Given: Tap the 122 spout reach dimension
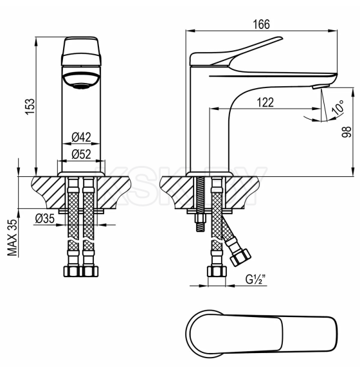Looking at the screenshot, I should pos(264,102).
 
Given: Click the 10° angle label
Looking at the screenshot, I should pos(337,106).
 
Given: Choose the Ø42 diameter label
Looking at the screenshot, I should pos(81,136).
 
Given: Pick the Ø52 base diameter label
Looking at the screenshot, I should pos(81,154).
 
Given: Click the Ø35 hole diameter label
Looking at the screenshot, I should pos(44,218).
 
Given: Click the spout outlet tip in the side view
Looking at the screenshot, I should pos(319,86).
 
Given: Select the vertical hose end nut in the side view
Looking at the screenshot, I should pos(217,271).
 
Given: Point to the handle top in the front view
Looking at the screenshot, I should pos(81,51).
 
